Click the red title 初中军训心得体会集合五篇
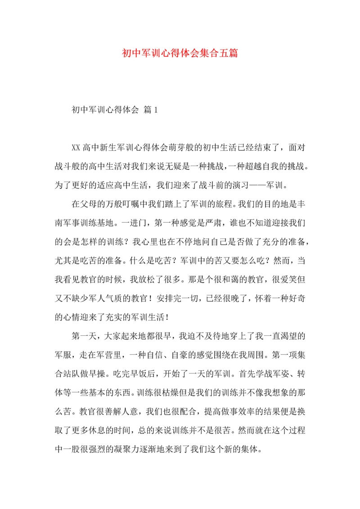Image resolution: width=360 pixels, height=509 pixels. point(180,53)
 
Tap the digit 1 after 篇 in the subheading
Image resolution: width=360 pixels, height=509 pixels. point(155,109)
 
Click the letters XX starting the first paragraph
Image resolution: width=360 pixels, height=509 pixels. point(76,148)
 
